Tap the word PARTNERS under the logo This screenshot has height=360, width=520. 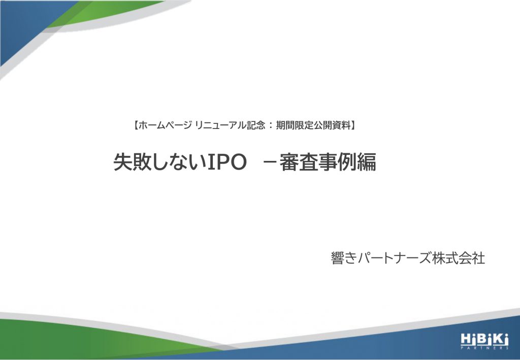tap(484, 348)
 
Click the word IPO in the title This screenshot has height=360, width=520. tap(227, 162)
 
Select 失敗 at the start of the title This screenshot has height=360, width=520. tap(133, 162)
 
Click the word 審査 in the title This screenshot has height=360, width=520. tap(299, 162)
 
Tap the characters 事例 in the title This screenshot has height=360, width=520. tap(337, 162)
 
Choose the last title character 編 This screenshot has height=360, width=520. tap(367, 162)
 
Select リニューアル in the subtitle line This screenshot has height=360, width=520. tap(220, 125)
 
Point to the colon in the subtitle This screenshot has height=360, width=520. tap(271, 125)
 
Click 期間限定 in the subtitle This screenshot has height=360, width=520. tap(295, 125)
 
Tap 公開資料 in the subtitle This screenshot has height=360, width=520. tap(332, 125)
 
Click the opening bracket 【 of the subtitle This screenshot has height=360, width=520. tap(136, 125)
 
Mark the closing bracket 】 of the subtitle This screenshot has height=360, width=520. tap(353, 125)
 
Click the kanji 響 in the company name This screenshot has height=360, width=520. tap(338, 258)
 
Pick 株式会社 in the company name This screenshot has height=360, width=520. tap(459, 258)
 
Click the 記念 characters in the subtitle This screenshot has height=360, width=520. tap(256, 125)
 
